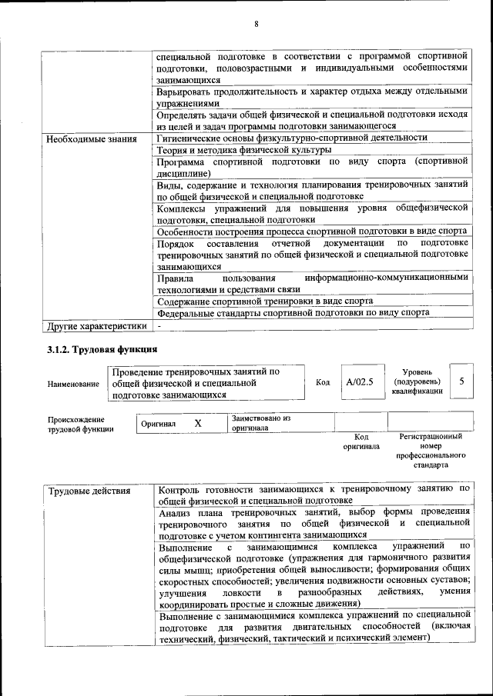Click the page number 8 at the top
click(x=256, y=24)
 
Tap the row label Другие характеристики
click(x=96, y=326)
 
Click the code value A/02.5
click(x=359, y=382)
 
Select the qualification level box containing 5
click(x=461, y=381)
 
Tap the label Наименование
click(x=73, y=384)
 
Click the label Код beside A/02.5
click(x=323, y=382)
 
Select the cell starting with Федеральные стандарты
click(x=293, y=313)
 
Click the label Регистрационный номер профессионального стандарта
click(x=431, y=451)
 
